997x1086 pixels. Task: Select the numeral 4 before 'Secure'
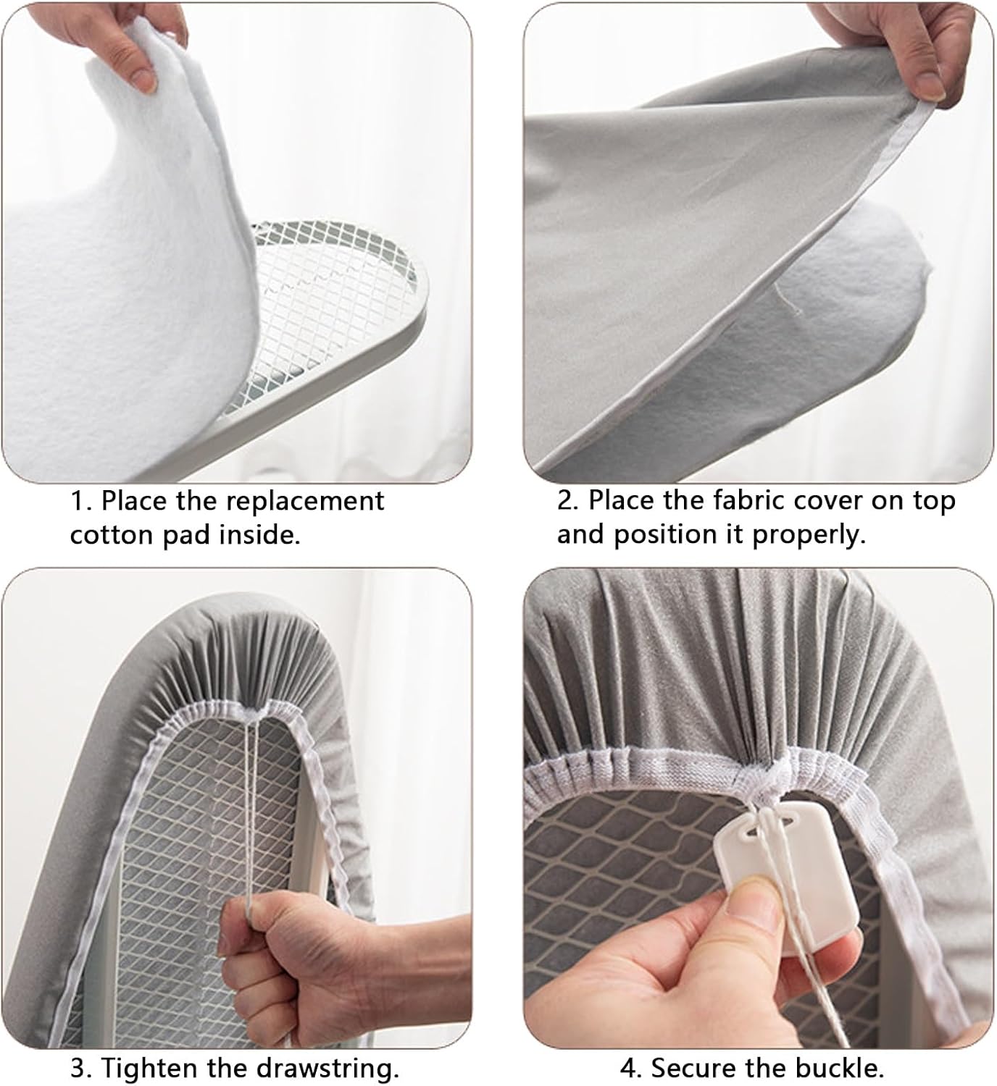pos(627,1068)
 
